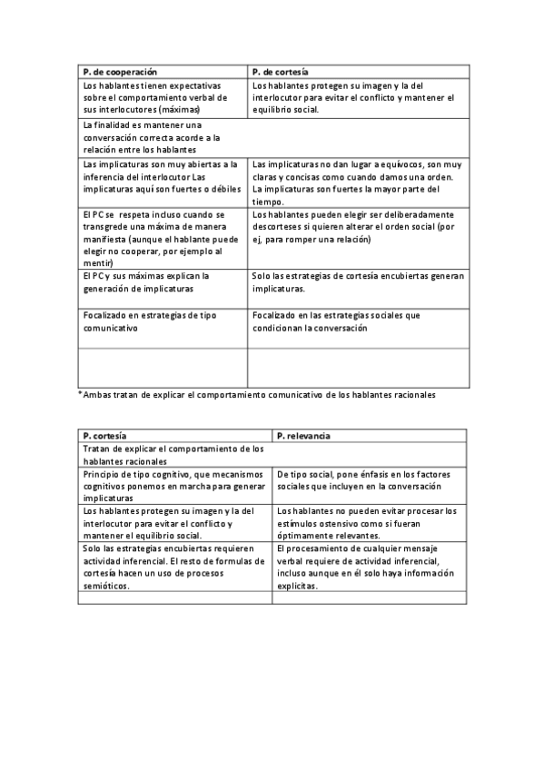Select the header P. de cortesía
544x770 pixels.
click(280, 71)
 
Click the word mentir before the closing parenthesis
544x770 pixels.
click(95, 263)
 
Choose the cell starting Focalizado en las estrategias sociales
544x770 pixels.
click(336, 321)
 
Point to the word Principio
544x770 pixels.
click(104, 474)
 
